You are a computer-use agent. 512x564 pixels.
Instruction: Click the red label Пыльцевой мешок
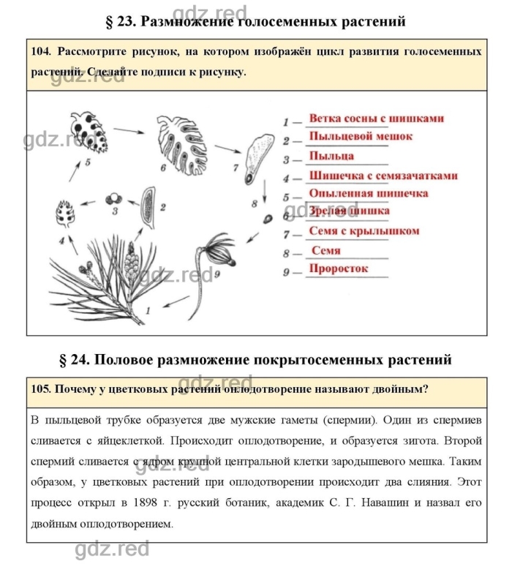tap(361, 136)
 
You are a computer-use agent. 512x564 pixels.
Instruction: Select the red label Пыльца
tap(331, 156)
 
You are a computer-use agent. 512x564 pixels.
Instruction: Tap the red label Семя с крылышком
tap(364, 231)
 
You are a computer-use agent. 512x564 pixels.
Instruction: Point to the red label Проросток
tap(339, 268)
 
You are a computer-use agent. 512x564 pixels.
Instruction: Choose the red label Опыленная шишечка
tap(369, 193)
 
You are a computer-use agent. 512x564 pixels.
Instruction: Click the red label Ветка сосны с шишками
tap(376, 118)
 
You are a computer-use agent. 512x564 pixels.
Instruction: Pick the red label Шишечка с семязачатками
tap(383, 176)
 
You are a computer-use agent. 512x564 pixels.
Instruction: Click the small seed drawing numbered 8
tap(268, 218)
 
